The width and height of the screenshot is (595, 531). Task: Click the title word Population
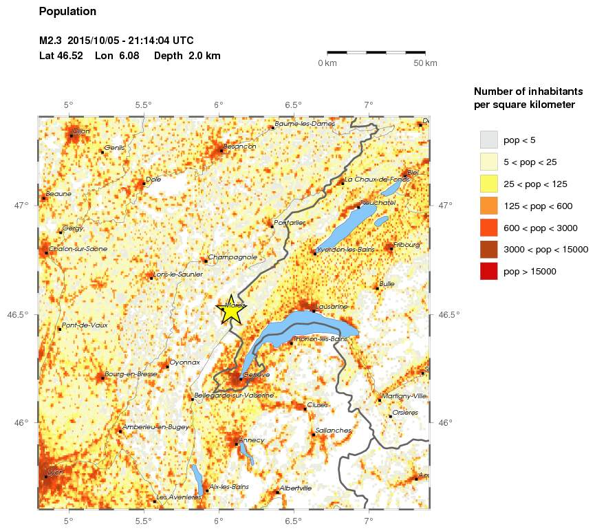[x=68, y=12]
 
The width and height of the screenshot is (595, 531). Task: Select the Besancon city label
[x=239, y=147]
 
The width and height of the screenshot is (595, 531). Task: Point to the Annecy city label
[x=251, y=440]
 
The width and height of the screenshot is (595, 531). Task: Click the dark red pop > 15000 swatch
[x=488, y=272]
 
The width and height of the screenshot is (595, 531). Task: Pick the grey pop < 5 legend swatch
[x=488, y=140]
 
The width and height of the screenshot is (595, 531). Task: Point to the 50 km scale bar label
[x=425, y=63]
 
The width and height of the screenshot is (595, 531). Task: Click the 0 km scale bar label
[x=327, y=63]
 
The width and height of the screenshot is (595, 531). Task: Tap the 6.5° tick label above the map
[x=294, y=105]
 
